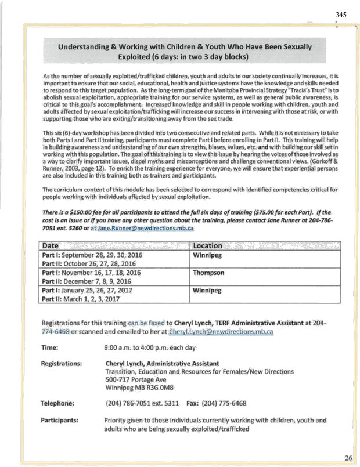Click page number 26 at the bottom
[x=348, y=458]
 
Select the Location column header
[x=207, y=245]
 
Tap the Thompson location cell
[x=210, y=271]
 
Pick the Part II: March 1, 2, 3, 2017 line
[x=83, y=299]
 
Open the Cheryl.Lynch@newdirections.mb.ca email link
[x=221, y=332]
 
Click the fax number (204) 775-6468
[x=224, y=403]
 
